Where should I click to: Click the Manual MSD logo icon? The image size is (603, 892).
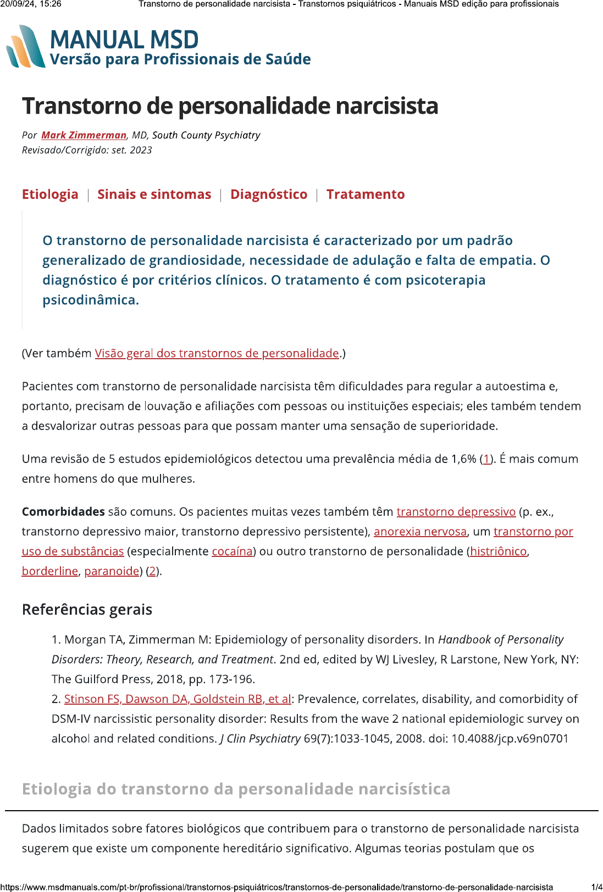tap(25, 47)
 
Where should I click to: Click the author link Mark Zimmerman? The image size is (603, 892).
tap(84, 135)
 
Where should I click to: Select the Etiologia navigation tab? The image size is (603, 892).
tap(50, 194)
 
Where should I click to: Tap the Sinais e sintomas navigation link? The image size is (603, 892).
tap(154, 194)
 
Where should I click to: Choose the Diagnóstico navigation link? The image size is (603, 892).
tap(269, 194)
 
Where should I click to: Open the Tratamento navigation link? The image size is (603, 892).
tap(366, 194)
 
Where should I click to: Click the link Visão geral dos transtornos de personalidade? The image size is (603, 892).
tap(217, 353)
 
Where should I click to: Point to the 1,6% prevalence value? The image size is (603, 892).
tap(463, 459)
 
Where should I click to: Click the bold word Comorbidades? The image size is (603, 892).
tap(63, 512)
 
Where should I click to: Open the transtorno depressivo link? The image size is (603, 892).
tap(456, 512)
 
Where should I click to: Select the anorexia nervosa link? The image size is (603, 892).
tap(420, 532)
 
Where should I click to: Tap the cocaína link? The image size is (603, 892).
tap(232, 551)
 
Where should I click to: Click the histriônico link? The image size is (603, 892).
tap(498, 551)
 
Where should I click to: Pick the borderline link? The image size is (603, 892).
tap(49, 571)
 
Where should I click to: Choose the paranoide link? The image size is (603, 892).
tap(112, 571)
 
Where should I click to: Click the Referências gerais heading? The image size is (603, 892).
tap(87, 610)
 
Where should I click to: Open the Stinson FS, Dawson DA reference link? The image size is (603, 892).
tap(177, 699)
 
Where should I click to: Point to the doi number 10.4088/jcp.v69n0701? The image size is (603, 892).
tap(510, 739)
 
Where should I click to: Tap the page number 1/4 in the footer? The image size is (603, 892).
tap(596, 887)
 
